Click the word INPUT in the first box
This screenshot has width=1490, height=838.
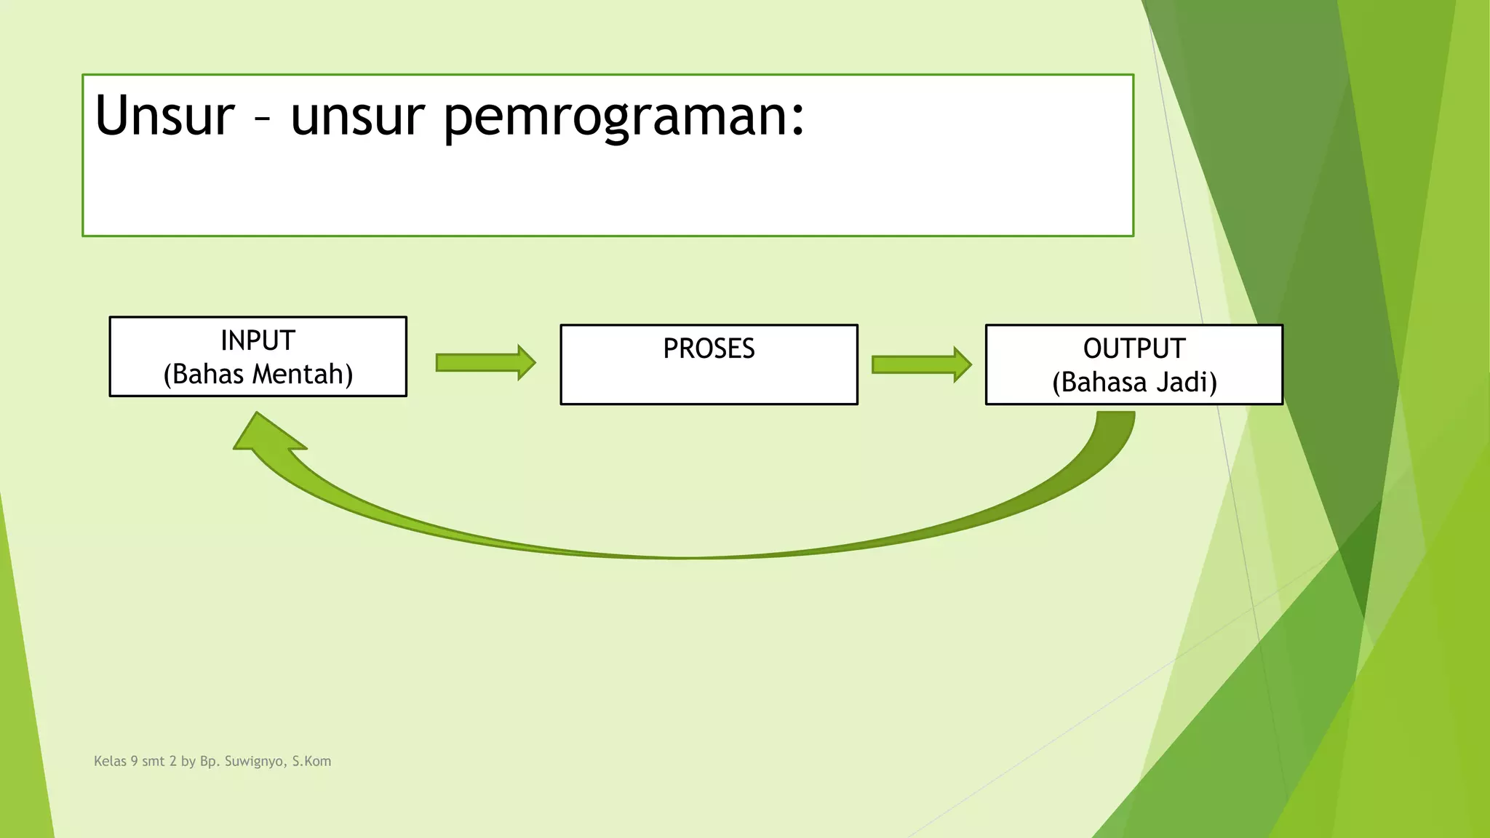click(x=258, y=340)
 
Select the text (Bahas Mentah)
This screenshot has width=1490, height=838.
click(x=258, y=375)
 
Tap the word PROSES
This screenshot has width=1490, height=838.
click(x=709, y=348)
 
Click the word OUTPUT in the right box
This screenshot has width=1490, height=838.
click(x=1134, y=348)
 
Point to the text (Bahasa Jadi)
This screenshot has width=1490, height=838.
click(x=1134, y=383)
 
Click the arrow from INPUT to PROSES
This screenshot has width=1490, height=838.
click(x=485, y=362)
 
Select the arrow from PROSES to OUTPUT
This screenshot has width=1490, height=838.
click(x=921, y=364)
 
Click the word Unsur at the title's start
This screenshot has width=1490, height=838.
click(x=164, y=116)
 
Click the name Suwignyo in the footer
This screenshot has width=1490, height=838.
click(x=254, y=762)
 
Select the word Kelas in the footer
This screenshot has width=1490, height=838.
click(x=110, y=761)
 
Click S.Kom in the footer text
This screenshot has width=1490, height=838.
click(x=311, y=761)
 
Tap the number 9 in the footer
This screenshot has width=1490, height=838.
click(x=134, y=761)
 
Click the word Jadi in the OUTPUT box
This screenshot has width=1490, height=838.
click(x=1186, y=383)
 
